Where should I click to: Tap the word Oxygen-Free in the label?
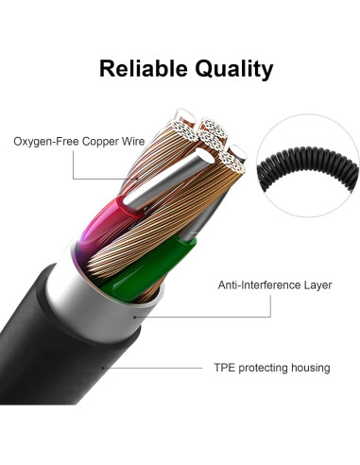point(46,143)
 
